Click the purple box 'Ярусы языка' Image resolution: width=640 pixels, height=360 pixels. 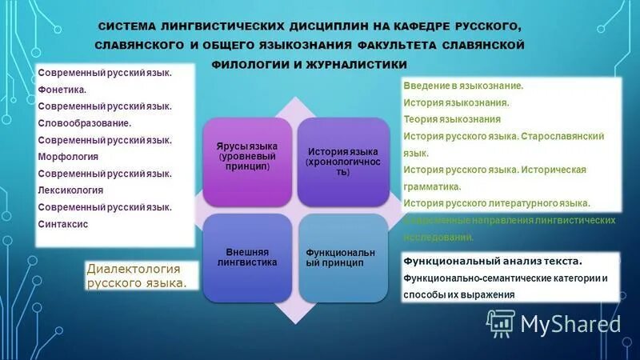[247, 158]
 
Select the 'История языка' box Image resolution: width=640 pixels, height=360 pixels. [343, 162]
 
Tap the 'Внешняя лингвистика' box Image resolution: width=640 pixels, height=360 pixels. [247, 256]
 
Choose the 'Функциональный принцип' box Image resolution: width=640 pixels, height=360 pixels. [343, 256]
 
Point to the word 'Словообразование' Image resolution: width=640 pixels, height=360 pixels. [84, 122]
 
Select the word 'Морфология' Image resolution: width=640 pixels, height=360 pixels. [68, 156]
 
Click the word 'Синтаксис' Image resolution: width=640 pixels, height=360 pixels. [63, 224]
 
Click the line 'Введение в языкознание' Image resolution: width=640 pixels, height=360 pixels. [464, 86]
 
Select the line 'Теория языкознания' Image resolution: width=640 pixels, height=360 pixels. [452, 119]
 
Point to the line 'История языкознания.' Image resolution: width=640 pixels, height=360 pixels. [456, 102]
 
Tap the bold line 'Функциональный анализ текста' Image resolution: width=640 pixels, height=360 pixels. [492, 261]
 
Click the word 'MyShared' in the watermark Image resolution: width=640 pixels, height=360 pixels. [570, 323]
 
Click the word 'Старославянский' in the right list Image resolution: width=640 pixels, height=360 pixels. [564, 136]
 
